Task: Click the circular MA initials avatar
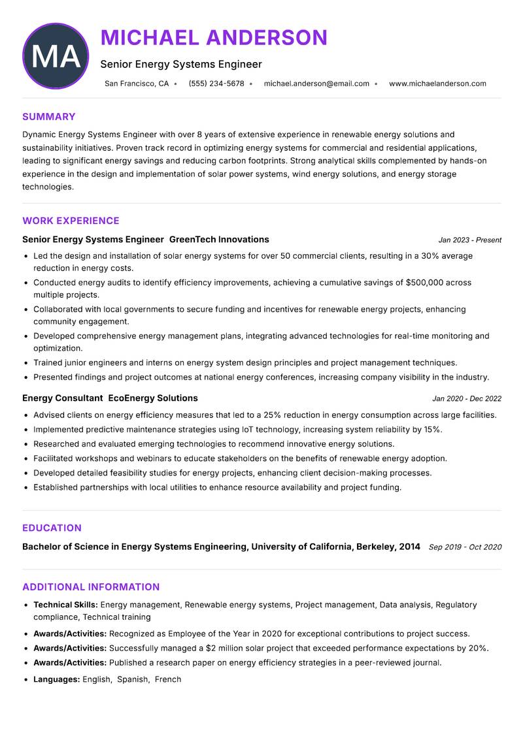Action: [56, 56]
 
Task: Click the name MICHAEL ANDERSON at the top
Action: [214, 38]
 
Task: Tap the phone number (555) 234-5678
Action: [216, 84]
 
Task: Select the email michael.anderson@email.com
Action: [316, 84]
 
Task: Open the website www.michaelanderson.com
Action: [437, 84]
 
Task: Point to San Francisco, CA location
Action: [137, 84]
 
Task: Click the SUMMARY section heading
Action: [49, 117]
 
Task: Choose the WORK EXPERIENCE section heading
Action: [71, 221]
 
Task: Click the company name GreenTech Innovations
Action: [219, 240]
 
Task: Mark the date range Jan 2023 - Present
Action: [469, 240]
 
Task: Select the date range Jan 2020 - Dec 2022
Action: [466, 398]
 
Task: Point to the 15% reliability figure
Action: [432, 430]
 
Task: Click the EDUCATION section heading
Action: [52, 528]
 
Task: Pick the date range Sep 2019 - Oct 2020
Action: [465, 547]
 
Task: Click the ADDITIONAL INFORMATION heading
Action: [91, 587]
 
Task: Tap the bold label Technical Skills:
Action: [65, 605]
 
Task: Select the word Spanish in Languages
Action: [133, 679]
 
